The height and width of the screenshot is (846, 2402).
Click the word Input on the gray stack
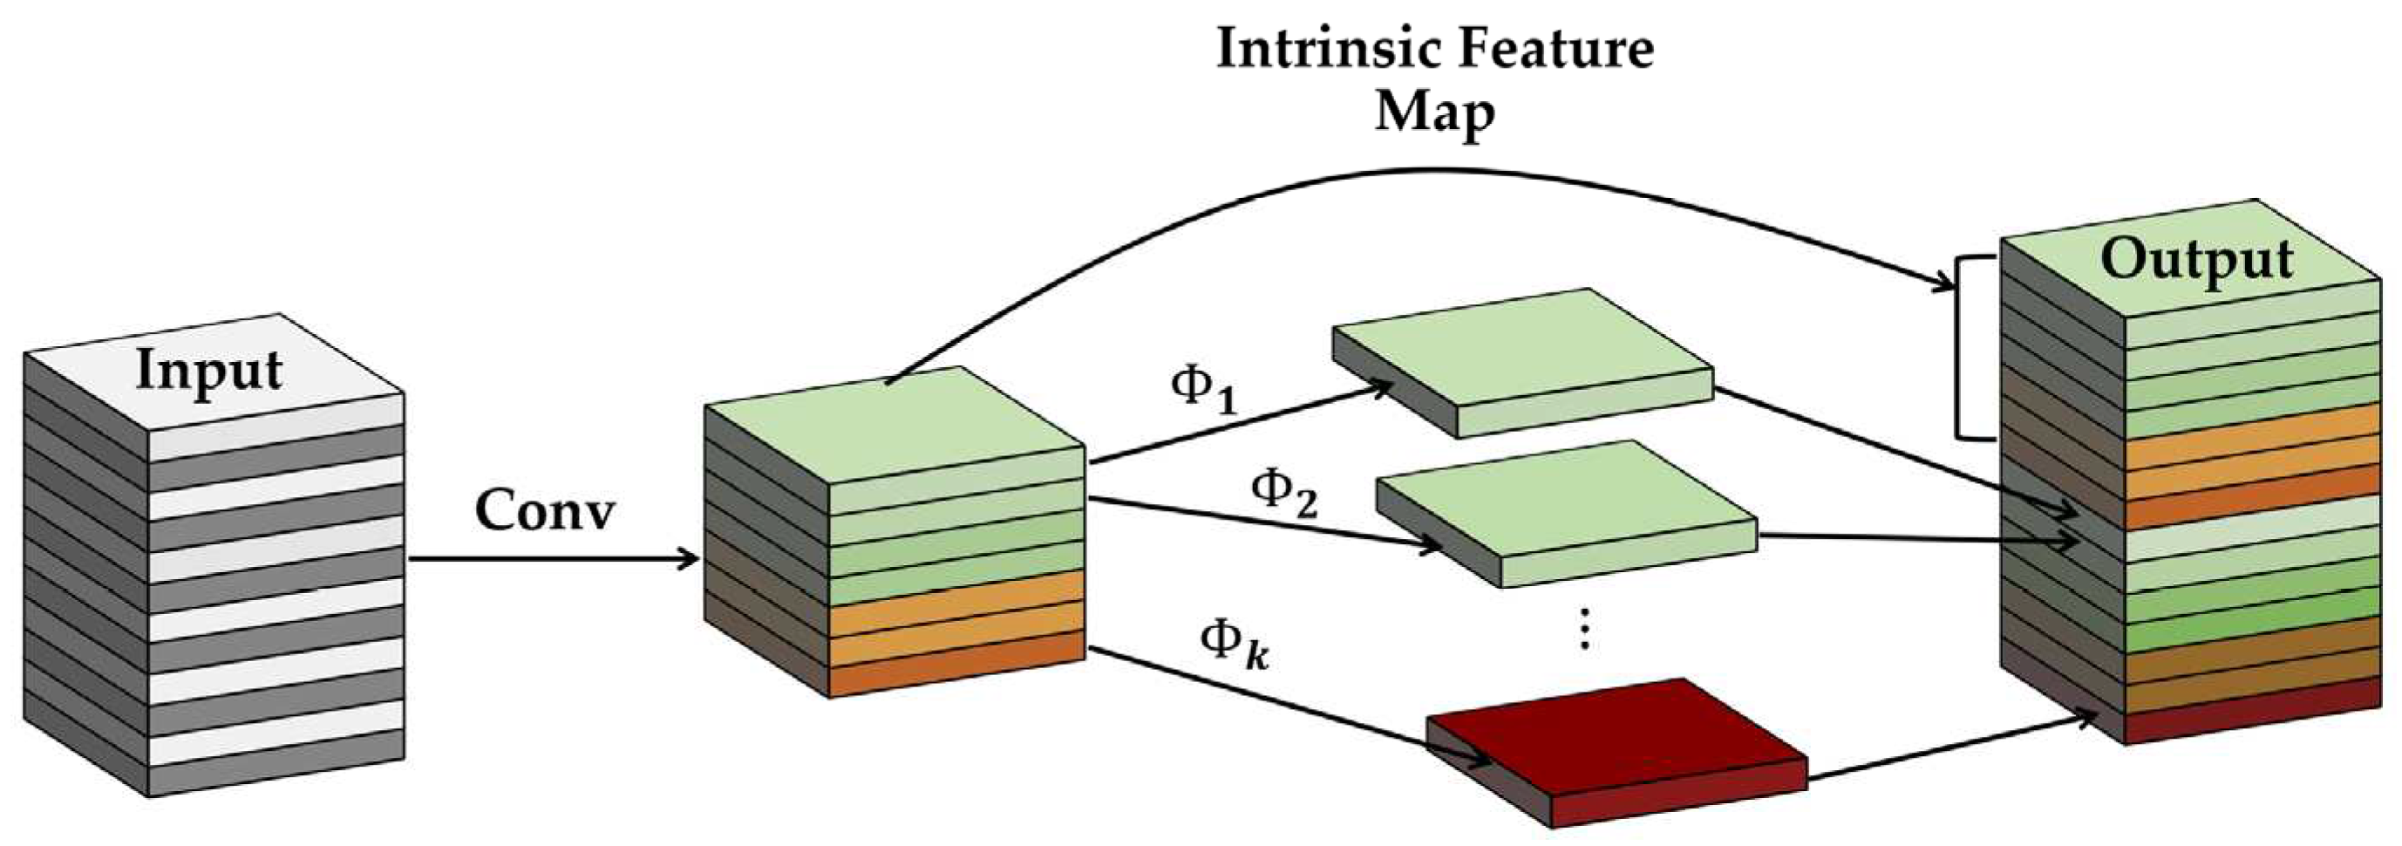click(209, 372)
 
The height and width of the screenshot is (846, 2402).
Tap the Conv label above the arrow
click(545, 511)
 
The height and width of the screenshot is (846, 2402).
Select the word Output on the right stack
click(2196, 260)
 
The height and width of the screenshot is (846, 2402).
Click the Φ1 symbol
click(1203, 389)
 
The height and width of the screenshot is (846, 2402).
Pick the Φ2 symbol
click(1283, 493)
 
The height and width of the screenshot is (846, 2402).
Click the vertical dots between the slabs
click(1584, 629)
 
